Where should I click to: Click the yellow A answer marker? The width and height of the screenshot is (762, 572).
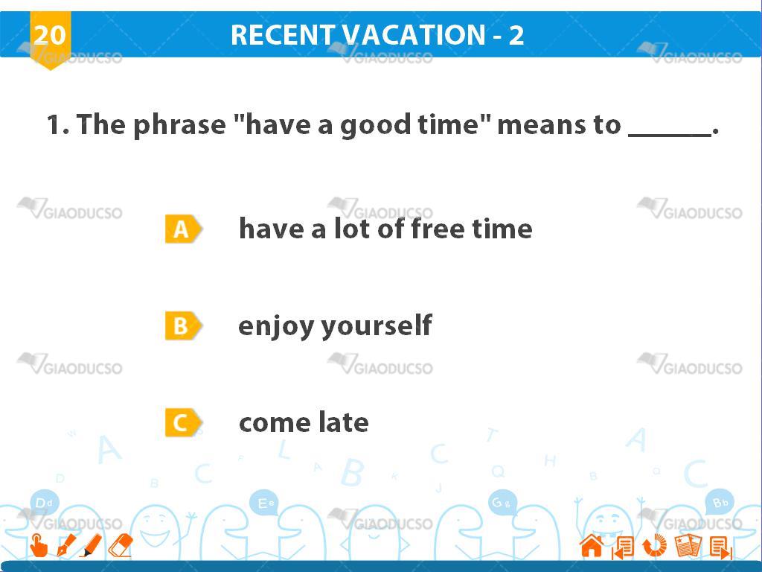tap(183, 229)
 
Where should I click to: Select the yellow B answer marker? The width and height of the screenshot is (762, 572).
tap(183, 325)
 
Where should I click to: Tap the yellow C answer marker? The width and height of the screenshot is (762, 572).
tap(183, 422)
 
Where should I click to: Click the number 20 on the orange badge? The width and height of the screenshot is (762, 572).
tap(50, 35)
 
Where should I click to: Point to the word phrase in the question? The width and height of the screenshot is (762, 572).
tap(179, 125)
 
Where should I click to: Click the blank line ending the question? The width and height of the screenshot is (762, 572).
tap(670, 135)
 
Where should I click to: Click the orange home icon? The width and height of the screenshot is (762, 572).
tap(592, 545)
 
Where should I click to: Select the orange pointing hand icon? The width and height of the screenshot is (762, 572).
tap(39, 545)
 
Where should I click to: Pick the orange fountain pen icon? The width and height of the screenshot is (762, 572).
tap(66, 545)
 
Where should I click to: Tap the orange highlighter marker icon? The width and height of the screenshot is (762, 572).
tap(91, 545)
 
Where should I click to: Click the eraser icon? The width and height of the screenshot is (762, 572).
tap(121, 545)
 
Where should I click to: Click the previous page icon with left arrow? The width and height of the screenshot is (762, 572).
tap(623, 547)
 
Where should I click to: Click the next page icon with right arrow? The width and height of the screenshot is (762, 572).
tap(720, 547)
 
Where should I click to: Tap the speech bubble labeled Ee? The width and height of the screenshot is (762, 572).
tap(264, 503)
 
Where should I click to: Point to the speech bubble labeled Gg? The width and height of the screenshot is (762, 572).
tap(502, 503)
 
